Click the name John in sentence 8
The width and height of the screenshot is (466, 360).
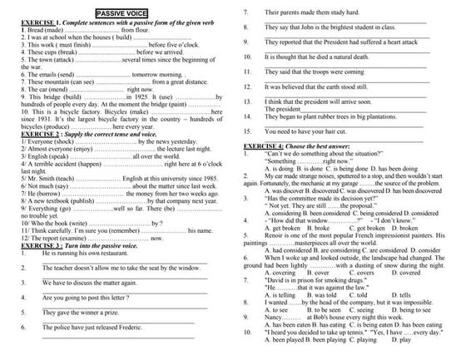pos(312,27)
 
